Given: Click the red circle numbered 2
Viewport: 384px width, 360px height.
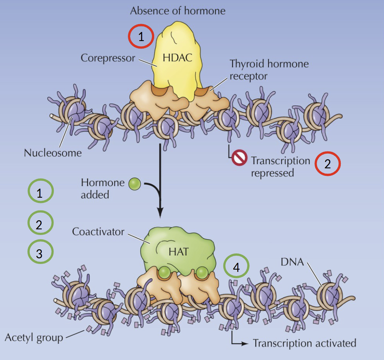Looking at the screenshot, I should [x=327, y=164].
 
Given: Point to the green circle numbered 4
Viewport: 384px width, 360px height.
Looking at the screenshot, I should [x=236, y=267].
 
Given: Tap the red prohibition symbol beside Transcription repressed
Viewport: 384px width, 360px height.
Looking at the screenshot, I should [x=239, y=158].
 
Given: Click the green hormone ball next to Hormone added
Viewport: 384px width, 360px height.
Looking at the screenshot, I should [x=134, y=184].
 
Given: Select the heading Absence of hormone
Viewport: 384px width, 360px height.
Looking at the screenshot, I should [x=178, y=11].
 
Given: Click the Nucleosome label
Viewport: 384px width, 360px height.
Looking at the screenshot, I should [x=53, y=153].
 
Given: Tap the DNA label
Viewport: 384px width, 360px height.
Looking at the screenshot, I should [x=291, y=262].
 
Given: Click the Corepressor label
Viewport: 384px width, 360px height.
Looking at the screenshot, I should [x=108, y=58].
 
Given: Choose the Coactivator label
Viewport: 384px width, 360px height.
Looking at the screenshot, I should [x=98, y=231].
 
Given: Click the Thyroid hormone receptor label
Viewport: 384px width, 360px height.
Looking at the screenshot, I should [x=269, y=69].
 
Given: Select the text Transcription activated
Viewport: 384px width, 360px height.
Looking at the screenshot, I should [x=304, y=343].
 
